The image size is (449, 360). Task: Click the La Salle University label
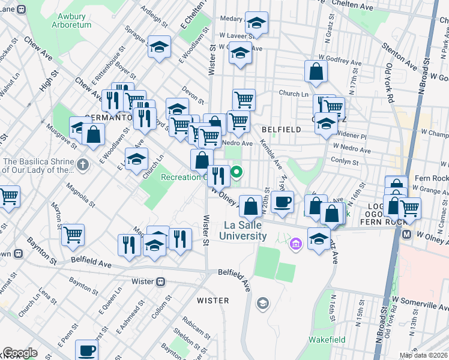tap(245, 230)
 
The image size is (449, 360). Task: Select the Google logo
tap(20, 353)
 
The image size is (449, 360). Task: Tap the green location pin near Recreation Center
tap(237, 174)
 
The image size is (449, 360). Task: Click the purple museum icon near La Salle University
tap(295, 244)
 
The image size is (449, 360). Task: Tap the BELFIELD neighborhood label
tap(282, 129)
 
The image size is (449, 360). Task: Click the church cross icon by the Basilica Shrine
tap(83, 164)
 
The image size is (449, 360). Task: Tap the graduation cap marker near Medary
tap(256, 23)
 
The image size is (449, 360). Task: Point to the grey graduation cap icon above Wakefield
tap(262, 304)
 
